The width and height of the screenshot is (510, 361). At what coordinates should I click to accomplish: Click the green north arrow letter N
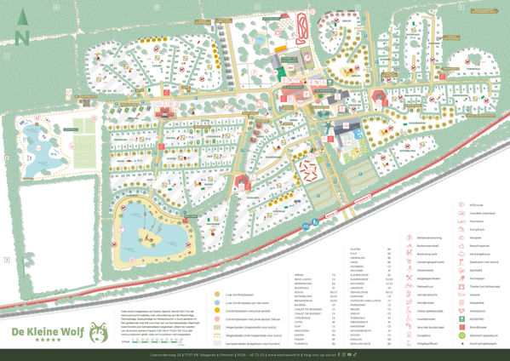pyautogui.click(x=22, y=37)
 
